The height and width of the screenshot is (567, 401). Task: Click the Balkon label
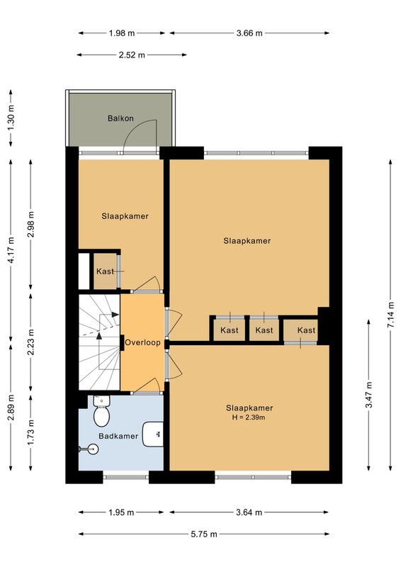[120, 118]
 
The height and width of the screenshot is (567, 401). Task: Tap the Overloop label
[142, 342]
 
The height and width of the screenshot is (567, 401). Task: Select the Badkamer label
[118, 436]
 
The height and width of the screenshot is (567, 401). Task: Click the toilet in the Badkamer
[101, 411]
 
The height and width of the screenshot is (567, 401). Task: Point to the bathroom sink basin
[153, 434]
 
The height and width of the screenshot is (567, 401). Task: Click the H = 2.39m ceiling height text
[249, 417]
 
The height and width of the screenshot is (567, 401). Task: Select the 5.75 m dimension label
[204, 534]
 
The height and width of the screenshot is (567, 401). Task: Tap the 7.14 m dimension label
[390, 315]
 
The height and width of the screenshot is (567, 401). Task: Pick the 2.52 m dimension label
[132, 55]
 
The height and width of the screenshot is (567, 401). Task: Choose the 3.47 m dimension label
[369, 395]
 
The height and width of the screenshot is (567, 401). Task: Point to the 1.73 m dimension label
[30, 432]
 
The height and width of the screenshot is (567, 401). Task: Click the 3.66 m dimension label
[249, 33]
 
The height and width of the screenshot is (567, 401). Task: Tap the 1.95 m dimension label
[121, 512]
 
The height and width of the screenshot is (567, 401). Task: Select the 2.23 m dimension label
[30, 342]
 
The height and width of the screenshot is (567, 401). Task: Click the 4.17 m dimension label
[11, 250]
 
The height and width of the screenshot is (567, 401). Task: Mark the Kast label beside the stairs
[105, 271]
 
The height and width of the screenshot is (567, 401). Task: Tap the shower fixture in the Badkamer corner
[89, 449]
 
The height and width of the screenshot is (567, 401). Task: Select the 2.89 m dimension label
[11, 408]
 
